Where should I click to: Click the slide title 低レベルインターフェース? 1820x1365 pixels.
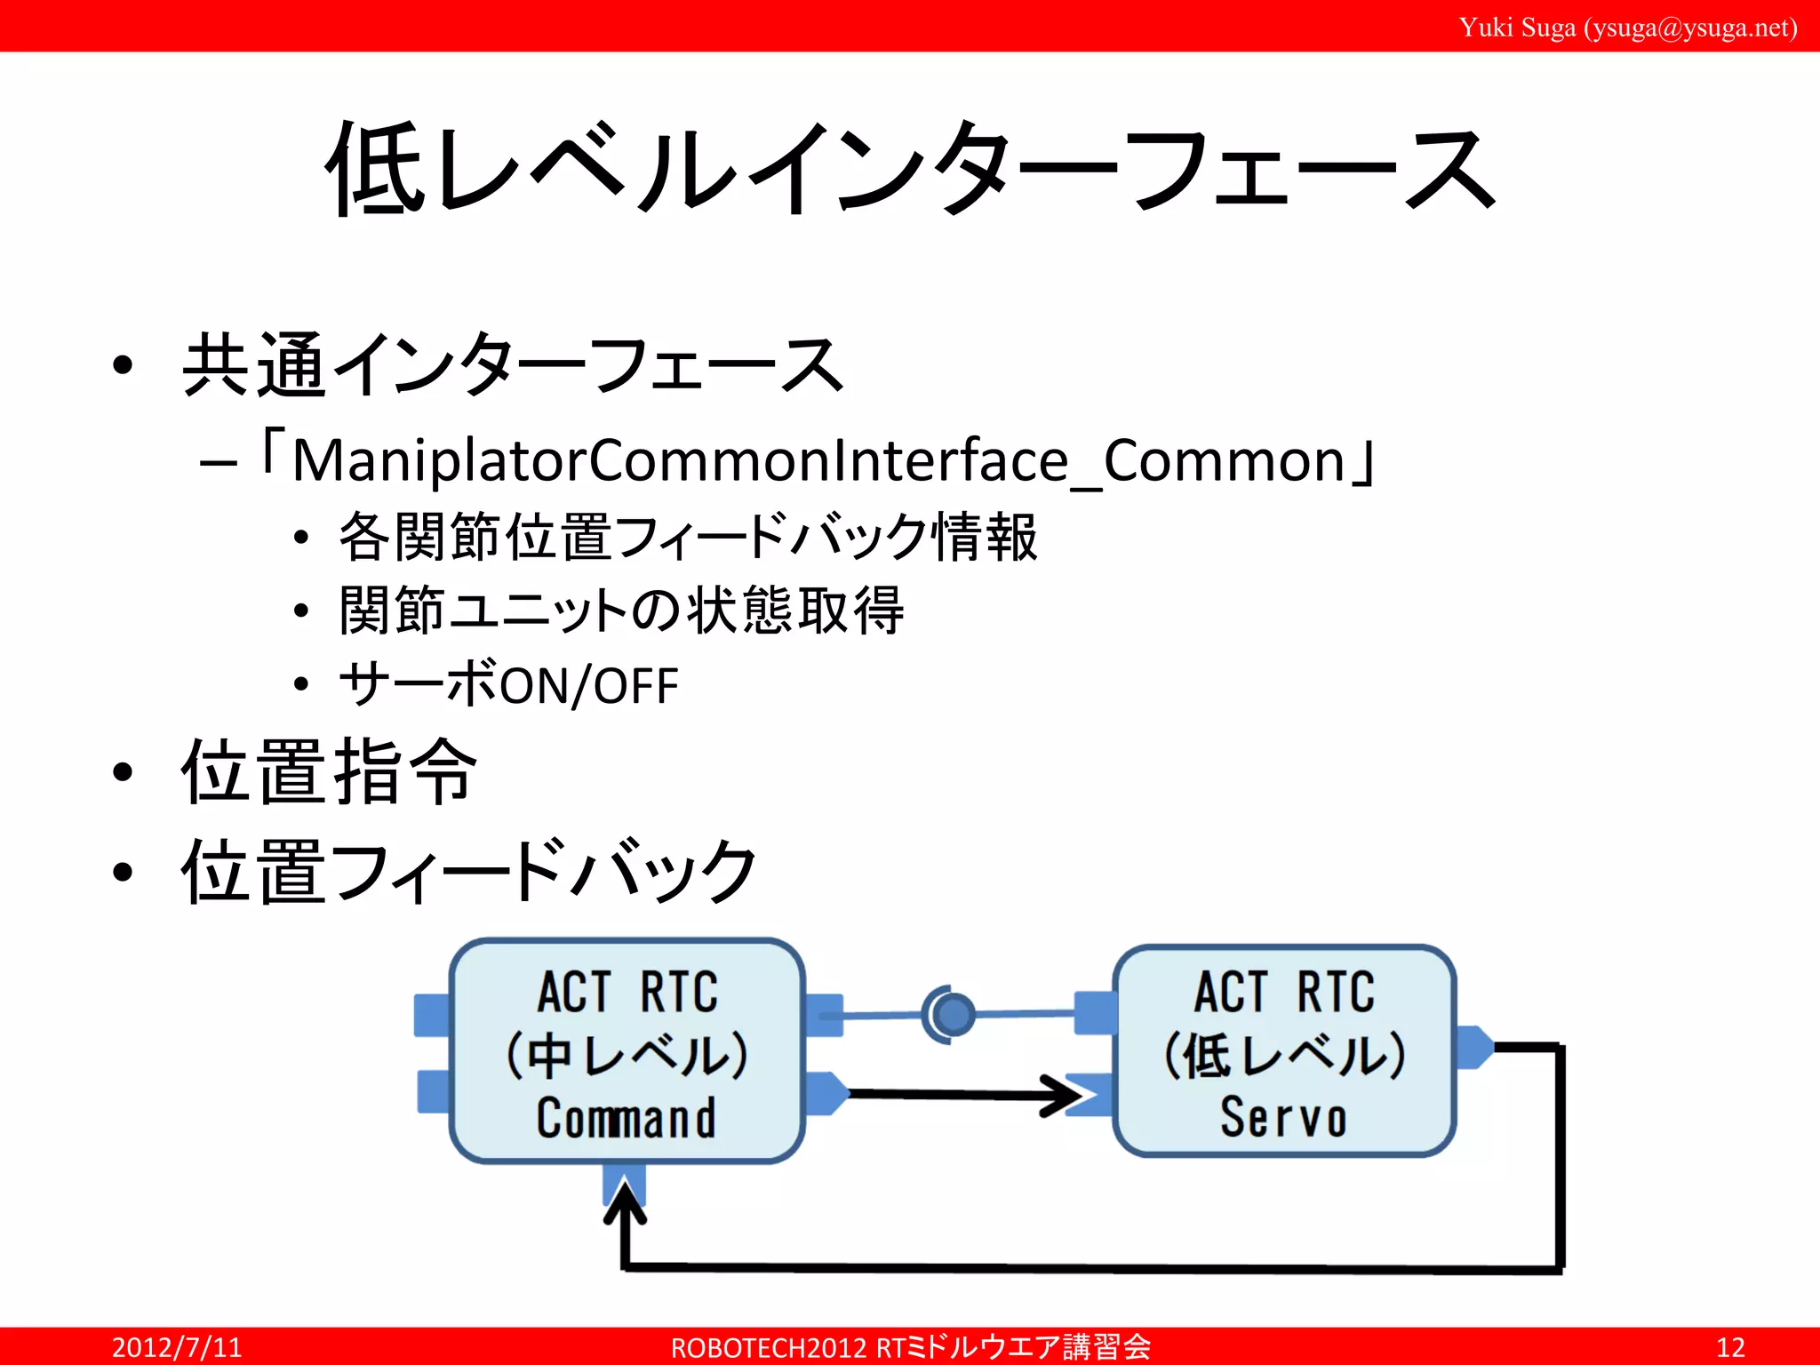[911, 169]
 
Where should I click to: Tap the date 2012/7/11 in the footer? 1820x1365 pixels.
[176, 1346]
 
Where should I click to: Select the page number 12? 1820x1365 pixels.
[1729, 1346]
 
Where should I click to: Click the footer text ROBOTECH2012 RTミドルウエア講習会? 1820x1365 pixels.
[910, 1346]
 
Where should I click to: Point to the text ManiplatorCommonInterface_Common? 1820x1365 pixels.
[818, 461]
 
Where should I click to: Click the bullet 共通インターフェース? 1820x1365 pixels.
[511, 365]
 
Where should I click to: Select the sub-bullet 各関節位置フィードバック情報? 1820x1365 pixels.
[687, 537]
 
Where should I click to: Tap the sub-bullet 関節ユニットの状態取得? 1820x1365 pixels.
[621, 611]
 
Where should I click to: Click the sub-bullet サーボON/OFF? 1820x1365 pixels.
[508, 685]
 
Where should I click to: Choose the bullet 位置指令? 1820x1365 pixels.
[329, 771]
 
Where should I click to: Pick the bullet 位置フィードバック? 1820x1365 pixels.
[468, 872]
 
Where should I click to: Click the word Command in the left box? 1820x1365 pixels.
[626, 1118]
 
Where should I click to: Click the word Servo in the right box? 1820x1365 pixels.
[1283, 1118]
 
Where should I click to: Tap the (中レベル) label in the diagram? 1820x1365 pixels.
[626, 1056]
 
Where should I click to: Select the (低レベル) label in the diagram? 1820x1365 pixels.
[1283, 1056]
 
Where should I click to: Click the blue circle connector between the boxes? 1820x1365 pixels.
[953, 1014]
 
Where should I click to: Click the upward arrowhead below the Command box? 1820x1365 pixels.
[625, 1200]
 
